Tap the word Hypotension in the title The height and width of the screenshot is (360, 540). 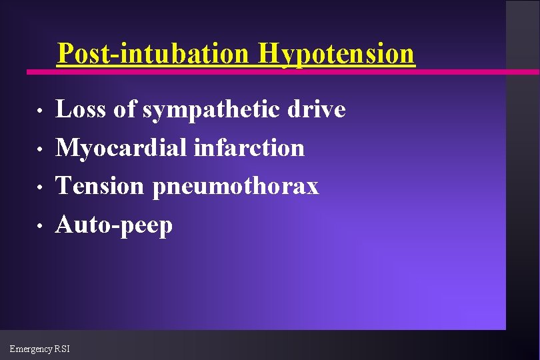coord(337,53)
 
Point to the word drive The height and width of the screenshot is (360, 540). coord(317,109)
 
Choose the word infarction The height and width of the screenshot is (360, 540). coord(249,148)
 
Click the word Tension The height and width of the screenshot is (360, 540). coord(99,187)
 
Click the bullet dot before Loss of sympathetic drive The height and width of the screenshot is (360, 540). coord(40,111)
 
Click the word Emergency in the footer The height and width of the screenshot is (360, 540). coord(33,349)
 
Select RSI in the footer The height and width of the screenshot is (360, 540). coord(63,349)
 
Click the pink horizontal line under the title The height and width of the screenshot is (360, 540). coord(467,71)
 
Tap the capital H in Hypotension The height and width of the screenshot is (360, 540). coord(271,53)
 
